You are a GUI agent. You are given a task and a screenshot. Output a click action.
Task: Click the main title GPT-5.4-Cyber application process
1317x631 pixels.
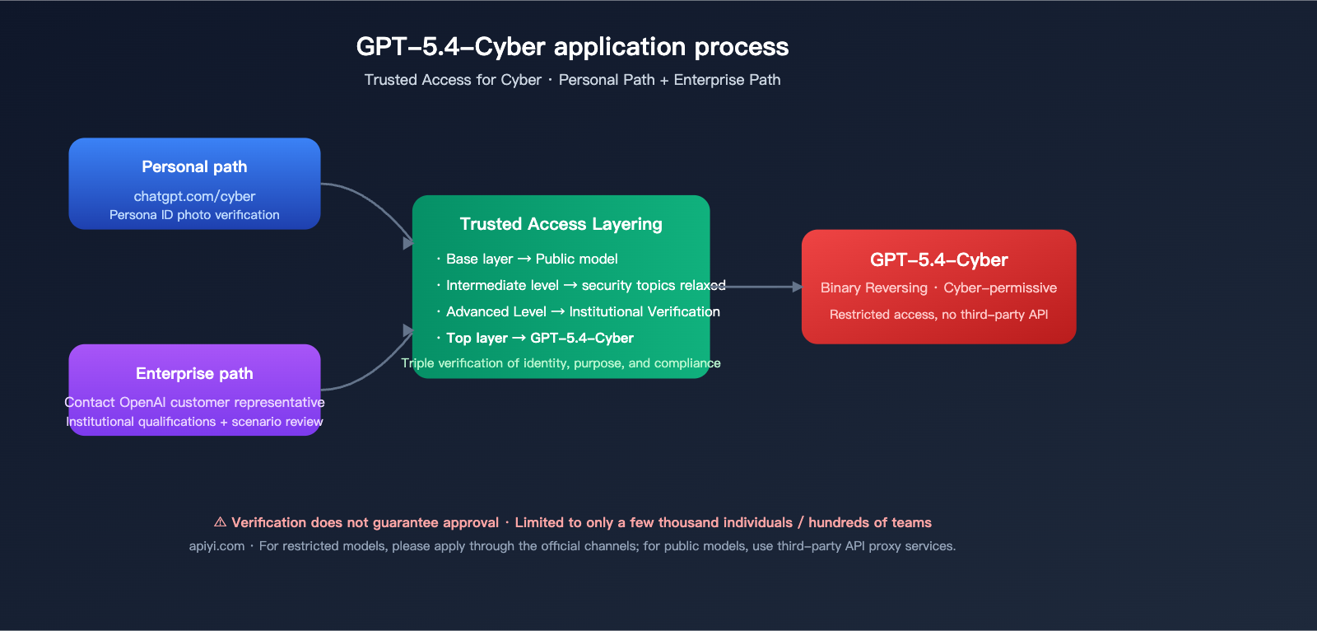point(572,47)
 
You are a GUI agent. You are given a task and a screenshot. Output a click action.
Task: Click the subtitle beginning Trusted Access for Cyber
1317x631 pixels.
point(572,80)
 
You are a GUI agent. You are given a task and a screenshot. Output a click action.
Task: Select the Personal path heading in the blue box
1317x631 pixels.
point(194,166)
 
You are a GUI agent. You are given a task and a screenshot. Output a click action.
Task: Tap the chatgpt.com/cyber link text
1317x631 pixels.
point(194,196)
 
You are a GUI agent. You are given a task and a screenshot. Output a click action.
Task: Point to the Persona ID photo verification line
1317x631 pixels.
point(194,215)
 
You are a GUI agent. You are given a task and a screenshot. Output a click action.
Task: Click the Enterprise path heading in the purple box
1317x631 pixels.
point(194,373)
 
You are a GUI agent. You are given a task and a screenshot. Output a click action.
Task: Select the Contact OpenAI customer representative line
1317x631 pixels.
point(194,402)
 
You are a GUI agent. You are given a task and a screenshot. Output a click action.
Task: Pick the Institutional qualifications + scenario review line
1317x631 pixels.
point(194,422)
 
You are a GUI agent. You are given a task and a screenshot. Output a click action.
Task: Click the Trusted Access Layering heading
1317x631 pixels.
point(561,224)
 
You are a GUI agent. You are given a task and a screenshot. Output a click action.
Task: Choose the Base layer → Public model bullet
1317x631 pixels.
point(532,259)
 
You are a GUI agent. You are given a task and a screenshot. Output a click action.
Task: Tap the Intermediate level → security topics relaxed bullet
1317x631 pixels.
point(585,285)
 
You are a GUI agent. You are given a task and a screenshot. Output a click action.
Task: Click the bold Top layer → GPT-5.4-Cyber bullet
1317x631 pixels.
point(539,338)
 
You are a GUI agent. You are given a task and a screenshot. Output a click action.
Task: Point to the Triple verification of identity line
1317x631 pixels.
point(561,363)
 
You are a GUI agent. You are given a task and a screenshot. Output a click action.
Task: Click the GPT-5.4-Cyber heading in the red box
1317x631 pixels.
point(938,259)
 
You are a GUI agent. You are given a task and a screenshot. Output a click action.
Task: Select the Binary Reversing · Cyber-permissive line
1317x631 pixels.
point(938,287)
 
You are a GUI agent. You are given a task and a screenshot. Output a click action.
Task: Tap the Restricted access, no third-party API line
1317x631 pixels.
point(938,315)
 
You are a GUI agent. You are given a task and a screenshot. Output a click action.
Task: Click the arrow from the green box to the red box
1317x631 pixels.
point(761,287)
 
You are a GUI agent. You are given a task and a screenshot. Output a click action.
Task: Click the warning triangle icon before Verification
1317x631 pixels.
point(220,522)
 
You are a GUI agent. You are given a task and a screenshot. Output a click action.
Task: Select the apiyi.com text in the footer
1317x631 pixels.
point(216,546)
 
